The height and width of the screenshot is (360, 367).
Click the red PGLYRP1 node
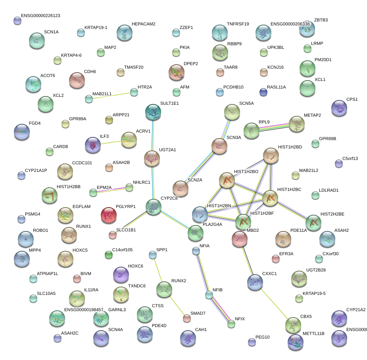[109, 215]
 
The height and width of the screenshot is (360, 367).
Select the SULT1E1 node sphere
[153, 112]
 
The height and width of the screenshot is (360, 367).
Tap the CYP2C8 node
[153, 207]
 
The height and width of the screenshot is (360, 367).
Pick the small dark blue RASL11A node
[263, 92]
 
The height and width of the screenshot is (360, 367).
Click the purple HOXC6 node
[121, 274]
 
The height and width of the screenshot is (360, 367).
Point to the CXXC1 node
[255, 282]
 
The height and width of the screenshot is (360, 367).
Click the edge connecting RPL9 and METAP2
[274, 128]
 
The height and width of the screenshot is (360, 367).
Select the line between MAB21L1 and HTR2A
[111, 96]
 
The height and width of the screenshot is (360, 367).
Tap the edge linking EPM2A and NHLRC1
[111, 190]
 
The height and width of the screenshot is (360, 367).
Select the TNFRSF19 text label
[238, 24]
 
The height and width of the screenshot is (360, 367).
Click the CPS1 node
[339, 108]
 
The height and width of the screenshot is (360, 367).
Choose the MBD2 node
[240, 238]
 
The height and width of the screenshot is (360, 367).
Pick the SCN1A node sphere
[37, 40]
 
